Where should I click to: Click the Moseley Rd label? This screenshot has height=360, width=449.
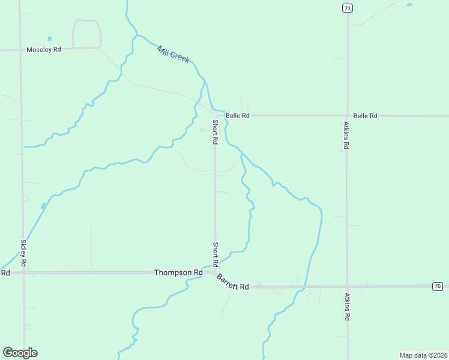pyautogui.click(x=44, y=50)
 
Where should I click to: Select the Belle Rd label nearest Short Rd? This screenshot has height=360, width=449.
pyautogui.click(x=237, y=116)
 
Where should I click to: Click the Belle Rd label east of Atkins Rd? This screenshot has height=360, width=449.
pyautogui.click(x=365, y=116)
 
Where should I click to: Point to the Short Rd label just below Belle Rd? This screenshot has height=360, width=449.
pyautogui.click(x=215, y=132)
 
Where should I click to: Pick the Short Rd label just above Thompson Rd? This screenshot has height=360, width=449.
pyautogui.click(x=215, y=254)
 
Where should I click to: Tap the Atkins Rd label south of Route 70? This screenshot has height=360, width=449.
pyautogui.click(x=347, y=306)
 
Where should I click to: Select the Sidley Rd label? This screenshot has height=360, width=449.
pyautogui.click(x=23, y=253)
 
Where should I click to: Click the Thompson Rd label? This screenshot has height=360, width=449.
pyautogui.click(x=178, y=272)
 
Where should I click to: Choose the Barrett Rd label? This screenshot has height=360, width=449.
pyautogui.click(x=232, y=283)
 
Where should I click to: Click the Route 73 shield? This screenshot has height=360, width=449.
pyautogui.click(x=348, y=8)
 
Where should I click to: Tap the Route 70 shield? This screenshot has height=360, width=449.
pyautogui.click(x=437, y=287)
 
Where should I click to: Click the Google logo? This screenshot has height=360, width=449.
pyautogui.click(x=20, y=353)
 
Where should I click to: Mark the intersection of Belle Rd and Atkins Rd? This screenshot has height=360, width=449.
pyautogui.click(x=348, y=116)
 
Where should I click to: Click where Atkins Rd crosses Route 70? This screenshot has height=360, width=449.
pyautogui.click(x=348, y=287)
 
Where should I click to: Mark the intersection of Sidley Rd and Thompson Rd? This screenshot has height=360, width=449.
pyautogui.click(x=23, y=272)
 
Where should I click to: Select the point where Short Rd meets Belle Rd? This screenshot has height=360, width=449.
pyautogui.click(x=215, y=115)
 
